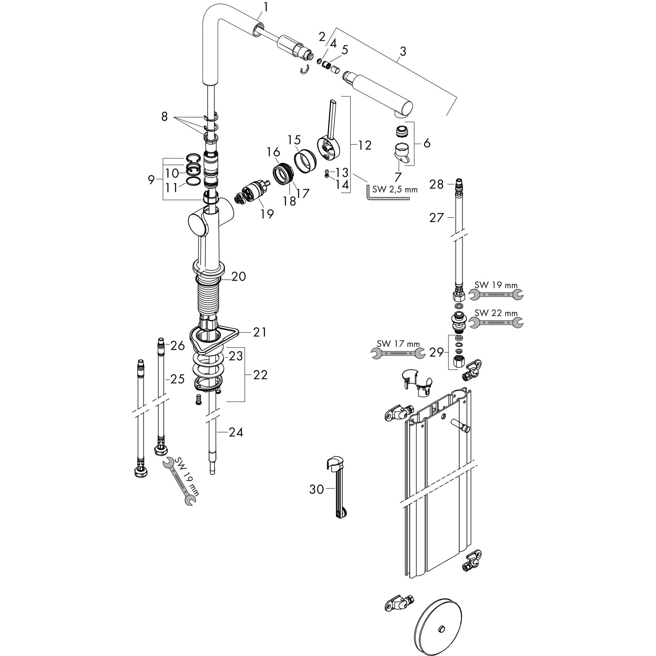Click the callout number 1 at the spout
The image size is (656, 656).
pos(266,7)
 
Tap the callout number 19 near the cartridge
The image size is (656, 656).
pos(267,214)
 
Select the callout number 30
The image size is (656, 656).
pos(316,489)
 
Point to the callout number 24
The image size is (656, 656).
pos(236,432)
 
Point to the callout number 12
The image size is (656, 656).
pos(365,145)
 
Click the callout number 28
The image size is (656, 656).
pos(437,184)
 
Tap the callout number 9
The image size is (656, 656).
pos(152,180)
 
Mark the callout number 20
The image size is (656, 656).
pos(239,276)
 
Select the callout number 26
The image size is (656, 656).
pos(177,346)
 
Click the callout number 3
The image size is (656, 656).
pos(403,52)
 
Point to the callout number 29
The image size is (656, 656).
pos(437,352)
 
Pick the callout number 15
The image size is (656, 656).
pos(294,140)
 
